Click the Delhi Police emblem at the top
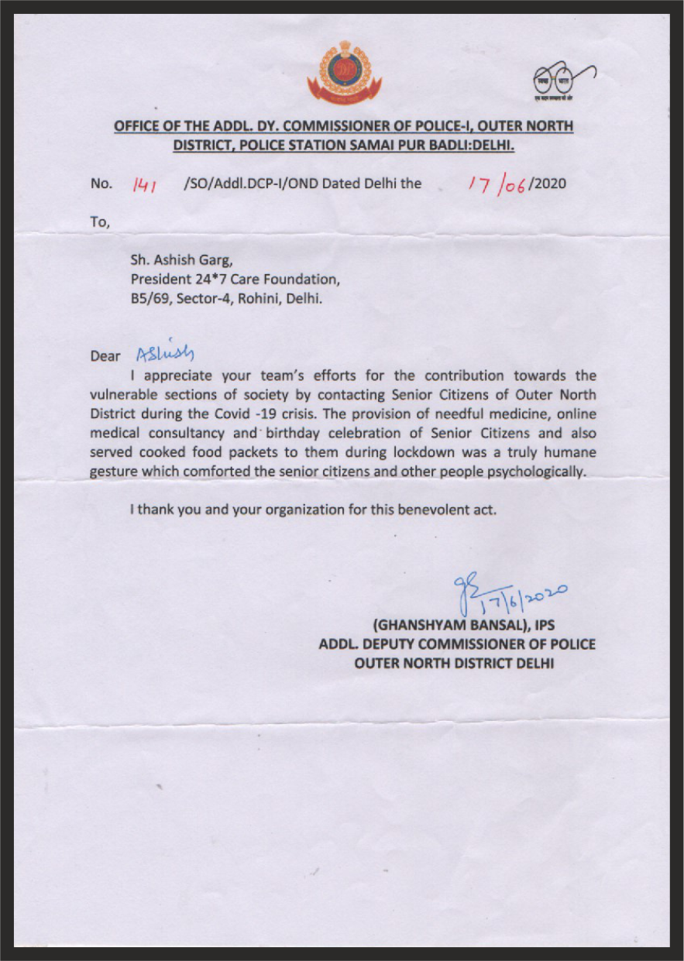339,74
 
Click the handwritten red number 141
145,184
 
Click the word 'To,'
101,222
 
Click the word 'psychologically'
540,472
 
